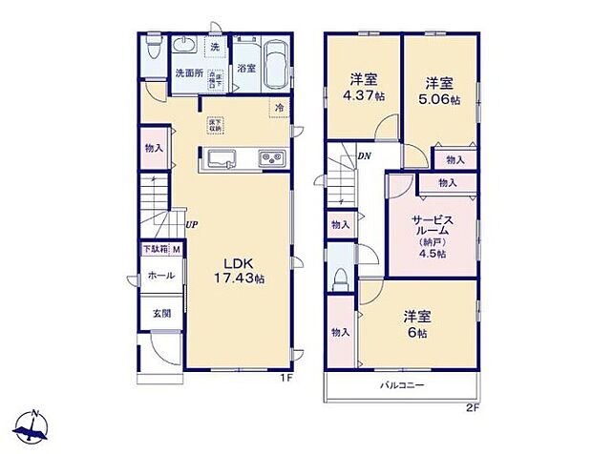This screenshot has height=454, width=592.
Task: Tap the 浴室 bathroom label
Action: click(x=246, y=68)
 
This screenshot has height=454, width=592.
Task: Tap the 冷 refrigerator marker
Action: click(x=280, y=107)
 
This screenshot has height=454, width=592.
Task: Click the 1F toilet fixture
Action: click(x=152, y=49)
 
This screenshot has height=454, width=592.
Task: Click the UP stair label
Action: click(x=192, y=225)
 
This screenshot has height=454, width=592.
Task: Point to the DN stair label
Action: click(x=364, y=156)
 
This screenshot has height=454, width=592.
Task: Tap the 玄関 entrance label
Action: click(x=157, y=313)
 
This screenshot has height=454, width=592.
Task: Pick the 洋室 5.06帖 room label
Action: click(x=440, y=89)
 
